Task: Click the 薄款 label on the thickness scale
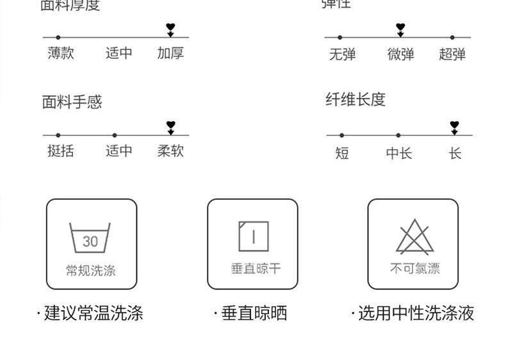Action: coord(61,53)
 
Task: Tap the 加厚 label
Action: coord(170,53)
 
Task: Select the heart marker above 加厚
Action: coord(170,28)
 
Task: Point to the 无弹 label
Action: coord(342,54)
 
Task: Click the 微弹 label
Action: coord(400,54)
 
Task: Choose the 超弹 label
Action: coord(452,54)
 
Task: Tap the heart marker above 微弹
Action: coord(400,28)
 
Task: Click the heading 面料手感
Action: coord(72,102)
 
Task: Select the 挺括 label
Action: coord(61,151)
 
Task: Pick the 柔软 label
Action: coord(170,151)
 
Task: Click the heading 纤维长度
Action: coord(355,100)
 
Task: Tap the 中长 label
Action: coord(398,153)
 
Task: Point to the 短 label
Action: coord(342,153)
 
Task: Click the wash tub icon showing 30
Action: coord(90,238)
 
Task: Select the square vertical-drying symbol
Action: coord(253,236)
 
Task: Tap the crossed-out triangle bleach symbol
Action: coord(414,237)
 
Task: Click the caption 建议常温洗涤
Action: coord(90,313)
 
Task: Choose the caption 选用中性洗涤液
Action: coord(413,313)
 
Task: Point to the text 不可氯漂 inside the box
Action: coord(414,269)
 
